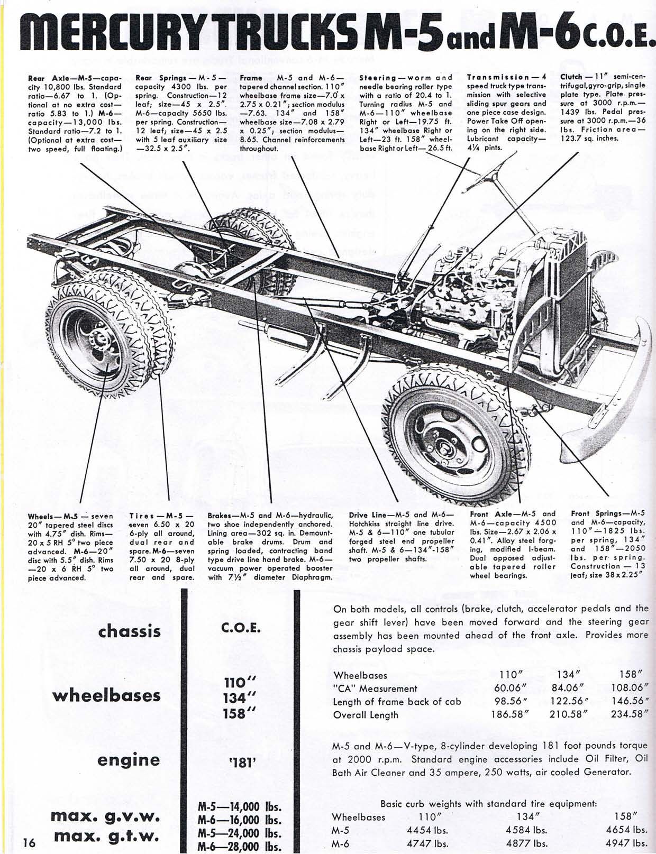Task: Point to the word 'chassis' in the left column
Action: pos(129,631)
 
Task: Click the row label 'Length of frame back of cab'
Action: pos(397,702)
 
